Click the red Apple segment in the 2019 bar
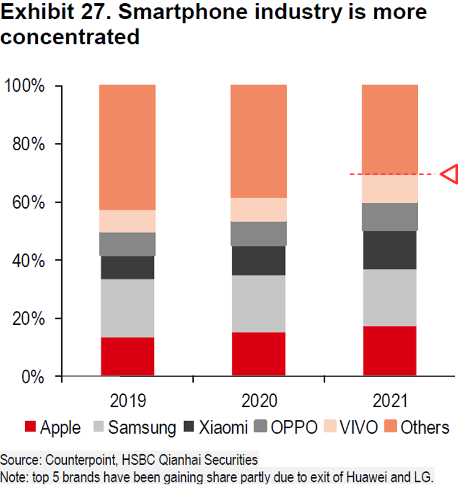[128, 356]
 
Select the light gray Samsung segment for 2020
[259, 303]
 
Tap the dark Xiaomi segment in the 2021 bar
[390, 250]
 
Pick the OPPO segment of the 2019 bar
[128, 244]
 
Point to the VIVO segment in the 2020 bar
[259, 210]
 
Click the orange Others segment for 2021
[390, 129]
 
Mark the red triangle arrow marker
[450, 174]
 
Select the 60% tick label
[28, 202]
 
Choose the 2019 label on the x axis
[128, 401]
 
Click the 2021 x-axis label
[390, 401]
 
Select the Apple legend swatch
[31, 427]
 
